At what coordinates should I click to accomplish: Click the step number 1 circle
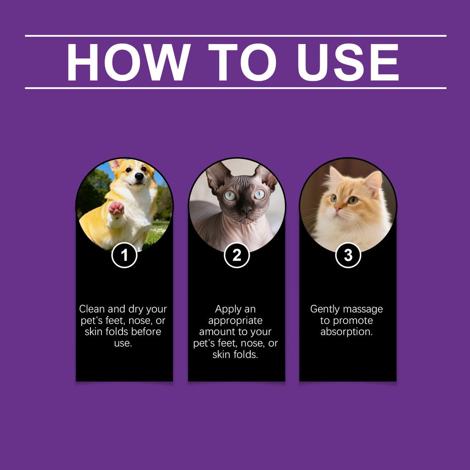click(124, 255)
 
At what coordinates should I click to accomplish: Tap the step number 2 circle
click(236, 255)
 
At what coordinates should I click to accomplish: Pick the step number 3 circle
click(348, 255)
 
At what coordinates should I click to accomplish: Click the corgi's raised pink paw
click(116, 208)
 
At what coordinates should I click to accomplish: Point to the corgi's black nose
click(139, 176)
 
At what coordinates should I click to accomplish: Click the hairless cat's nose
click(246, 211)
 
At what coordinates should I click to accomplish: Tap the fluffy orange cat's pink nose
click(338, 208)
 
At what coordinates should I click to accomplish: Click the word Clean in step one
click(92, 309)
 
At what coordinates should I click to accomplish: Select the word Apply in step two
click(228, 309)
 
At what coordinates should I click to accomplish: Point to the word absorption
click(347, 332)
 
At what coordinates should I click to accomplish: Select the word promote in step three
click(352, 320)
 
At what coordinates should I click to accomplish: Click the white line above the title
click(235, 35)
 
